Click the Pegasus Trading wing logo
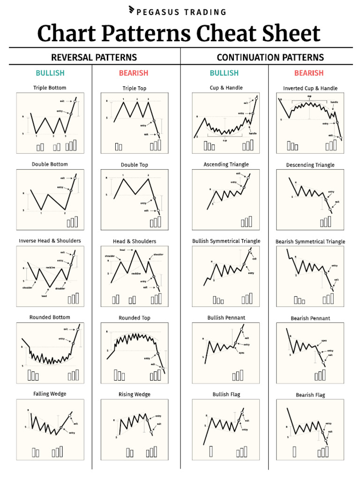(132, 10)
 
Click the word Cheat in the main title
(227, 34)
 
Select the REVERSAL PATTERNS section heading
(94, 58)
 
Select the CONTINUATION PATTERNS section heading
(270, 58)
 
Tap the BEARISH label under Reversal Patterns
(134, 73)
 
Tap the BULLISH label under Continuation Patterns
(224, 73)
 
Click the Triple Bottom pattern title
(50, 88)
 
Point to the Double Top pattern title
(135, 165)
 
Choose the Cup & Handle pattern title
(226, 88)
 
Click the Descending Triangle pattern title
(310, 165)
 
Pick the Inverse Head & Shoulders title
(50, 241)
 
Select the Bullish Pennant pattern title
(226, 318)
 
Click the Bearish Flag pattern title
(310, 395)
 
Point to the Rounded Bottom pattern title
(50, 317)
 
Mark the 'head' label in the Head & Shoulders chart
(122, 249)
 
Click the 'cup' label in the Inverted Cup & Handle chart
(309, 96)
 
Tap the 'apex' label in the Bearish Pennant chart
(324, 341)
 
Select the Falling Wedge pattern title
(50, 394)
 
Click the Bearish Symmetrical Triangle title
(310, 242)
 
